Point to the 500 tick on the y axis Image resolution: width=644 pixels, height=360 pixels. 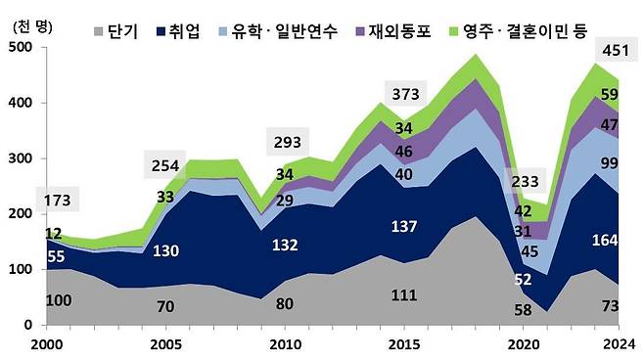point(22,47)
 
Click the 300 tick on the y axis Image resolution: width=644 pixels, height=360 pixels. point(22,158)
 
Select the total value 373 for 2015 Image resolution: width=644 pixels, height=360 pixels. point(395,93)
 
